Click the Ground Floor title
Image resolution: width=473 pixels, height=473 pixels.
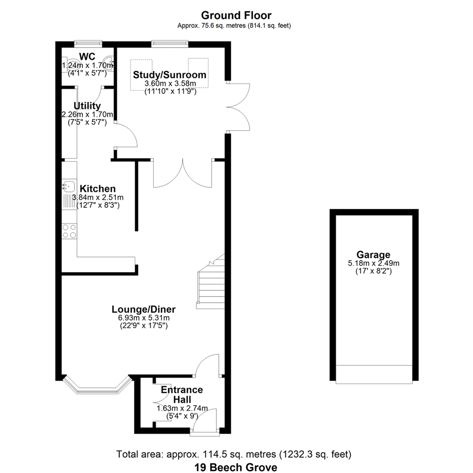coord(236,15)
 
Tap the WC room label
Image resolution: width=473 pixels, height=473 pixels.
coord(87,56)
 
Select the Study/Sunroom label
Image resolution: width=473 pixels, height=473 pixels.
coord(169,74)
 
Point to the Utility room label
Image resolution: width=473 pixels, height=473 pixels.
coord(87,106)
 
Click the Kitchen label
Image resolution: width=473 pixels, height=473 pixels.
coord(97,188)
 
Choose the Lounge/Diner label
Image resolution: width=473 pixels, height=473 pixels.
coord(144,309)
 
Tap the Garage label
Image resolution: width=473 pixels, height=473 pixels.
coord(374,254)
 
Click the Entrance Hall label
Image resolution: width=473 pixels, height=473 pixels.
coord(182,395)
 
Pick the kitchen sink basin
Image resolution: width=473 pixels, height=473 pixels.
coord(69,186)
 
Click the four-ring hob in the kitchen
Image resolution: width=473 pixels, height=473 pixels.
coord(69,231)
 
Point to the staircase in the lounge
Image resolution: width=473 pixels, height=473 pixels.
coord(211,283)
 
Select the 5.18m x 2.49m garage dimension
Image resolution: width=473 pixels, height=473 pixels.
coord(374,263)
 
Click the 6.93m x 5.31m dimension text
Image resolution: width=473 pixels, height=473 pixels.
coord(144,318)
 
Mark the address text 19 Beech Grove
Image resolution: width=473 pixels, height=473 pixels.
coord(236,467)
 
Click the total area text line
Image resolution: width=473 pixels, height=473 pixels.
coord(234,454)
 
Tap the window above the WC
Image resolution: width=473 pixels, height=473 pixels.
coord(88,44)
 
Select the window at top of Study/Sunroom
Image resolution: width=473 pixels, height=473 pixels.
coord(170,44)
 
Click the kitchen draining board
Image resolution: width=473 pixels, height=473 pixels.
coord(69,201)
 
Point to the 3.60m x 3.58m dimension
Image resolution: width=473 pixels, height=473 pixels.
coord(170,84)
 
